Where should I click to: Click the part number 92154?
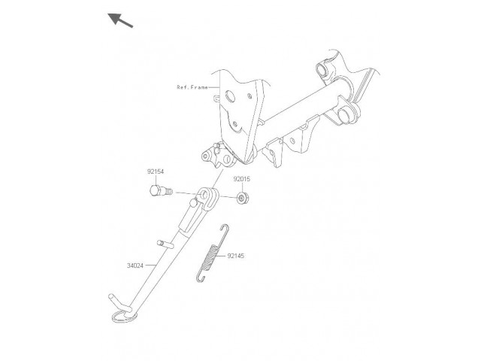coord(156,171)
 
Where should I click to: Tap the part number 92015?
coord(242,179)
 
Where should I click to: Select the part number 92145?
coord(236,256)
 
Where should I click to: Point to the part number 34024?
coord(135,265)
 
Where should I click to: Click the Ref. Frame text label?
coord(192,87)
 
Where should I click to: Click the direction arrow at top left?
coord(120,20)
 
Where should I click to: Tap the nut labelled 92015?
coord(243,198)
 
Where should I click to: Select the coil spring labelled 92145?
coord(212,253)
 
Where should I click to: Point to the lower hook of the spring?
coord(199,278)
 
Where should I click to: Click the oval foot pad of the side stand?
coord(123,317)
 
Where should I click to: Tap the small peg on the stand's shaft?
coord(165,244)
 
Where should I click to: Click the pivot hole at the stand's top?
coord(203,195)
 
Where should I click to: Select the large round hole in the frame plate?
coord(229,96)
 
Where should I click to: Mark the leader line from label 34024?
coord(151,265)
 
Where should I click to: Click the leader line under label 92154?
coord(156,180)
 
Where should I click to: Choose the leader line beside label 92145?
coord(221,256)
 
